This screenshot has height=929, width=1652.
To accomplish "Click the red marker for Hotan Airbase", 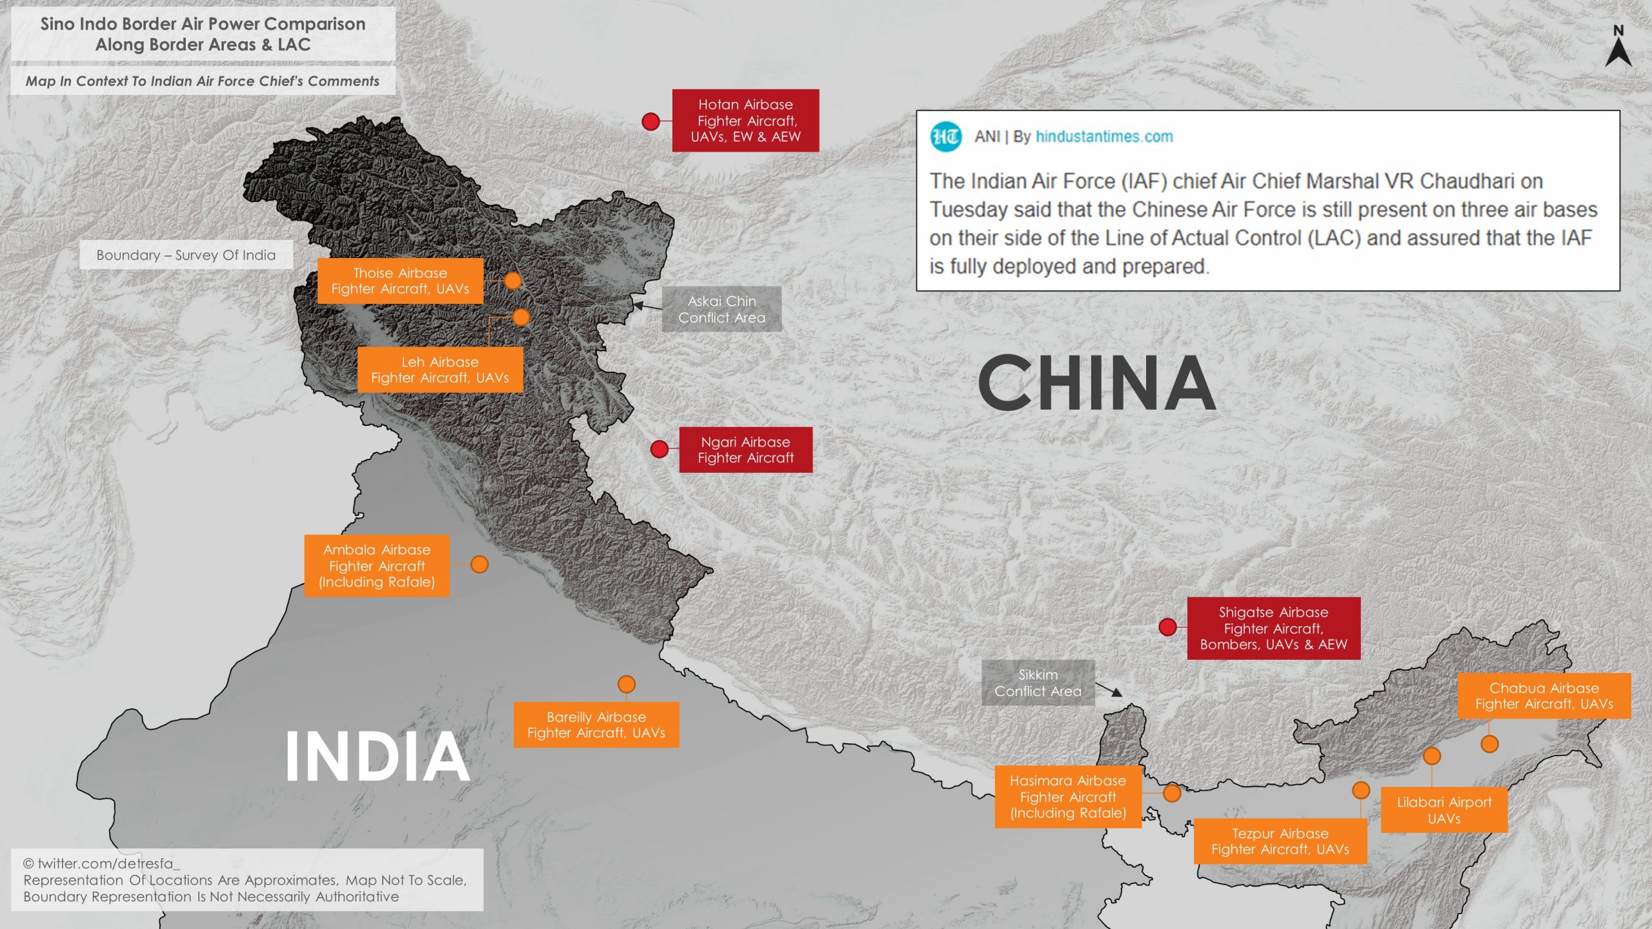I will tap(650, 121).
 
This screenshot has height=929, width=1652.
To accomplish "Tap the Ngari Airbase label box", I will tap(745, 450).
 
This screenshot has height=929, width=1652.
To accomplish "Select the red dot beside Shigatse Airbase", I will tap(1167, 627).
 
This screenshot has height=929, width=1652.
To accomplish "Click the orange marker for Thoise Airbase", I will tap(512, 281).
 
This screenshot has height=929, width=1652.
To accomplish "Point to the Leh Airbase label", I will tap(440, 370).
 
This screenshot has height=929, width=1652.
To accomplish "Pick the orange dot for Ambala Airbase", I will tap(479, 564).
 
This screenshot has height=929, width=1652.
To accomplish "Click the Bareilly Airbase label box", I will tap(596, 724).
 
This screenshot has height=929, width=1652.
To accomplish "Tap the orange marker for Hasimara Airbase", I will tap(1172, 793).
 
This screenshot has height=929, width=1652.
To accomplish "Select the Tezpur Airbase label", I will tap(1280, 841).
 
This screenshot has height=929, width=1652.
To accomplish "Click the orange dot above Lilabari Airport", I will tap(1432, 755).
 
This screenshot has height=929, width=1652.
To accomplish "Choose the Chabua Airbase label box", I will tap(1544, 695).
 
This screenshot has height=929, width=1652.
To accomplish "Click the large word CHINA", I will tap(1096, 383).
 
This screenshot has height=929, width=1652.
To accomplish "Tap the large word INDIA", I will tap(378, 756).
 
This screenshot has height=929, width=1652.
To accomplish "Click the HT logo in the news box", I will tap(945, 137).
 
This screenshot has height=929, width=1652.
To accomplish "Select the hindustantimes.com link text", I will tap(1104, 137).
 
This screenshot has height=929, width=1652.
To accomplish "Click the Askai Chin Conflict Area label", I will tap(721, 309).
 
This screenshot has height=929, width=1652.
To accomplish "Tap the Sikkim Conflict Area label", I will tap(1038, 683).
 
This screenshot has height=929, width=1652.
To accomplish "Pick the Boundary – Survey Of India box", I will tap(186, 255).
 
